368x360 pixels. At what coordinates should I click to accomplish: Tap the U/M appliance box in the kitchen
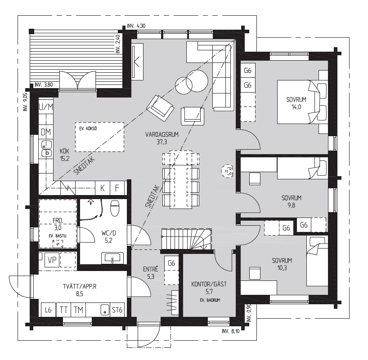click(46, 107)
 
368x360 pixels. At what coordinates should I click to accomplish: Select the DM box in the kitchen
click(46, 132)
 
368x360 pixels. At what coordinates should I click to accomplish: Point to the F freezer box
click(117, 188)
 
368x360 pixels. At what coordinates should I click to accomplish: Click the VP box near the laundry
click(52, 260)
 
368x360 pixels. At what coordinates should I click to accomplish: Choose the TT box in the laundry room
click(64, 309)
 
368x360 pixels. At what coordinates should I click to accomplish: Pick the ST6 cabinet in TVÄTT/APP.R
click(117, 309)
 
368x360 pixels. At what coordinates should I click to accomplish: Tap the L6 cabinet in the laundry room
click(48, 309)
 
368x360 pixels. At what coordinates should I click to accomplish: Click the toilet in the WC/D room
click(114, 208)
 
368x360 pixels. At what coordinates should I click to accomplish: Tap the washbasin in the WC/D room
click(112, 258)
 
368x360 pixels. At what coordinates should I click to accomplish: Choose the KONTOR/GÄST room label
click(209, 284)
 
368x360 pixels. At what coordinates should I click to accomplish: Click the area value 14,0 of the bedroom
click(296, 107)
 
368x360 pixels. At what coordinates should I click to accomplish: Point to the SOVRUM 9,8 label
click(291, 201)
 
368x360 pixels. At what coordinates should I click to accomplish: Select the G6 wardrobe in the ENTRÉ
click(171, 263)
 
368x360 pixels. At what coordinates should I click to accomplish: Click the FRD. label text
click(57, 221)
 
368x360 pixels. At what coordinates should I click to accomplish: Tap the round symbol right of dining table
click(228, 170)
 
